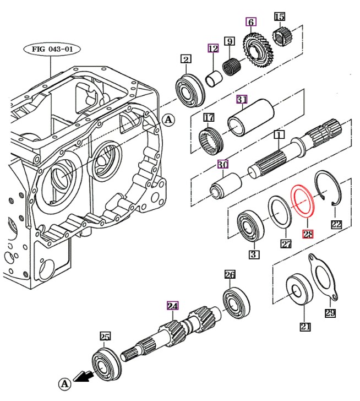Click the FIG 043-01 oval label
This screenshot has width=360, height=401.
52,49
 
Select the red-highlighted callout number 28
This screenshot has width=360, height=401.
308,234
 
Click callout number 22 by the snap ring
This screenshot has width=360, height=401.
336,224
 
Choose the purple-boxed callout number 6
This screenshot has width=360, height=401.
251,22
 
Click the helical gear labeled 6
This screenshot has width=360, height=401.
258,50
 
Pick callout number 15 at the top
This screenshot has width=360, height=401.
280,17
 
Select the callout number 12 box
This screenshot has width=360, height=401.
213,48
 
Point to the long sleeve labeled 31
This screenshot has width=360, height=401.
251,118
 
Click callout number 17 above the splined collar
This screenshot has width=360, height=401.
209,118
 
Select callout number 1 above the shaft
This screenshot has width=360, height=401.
279,134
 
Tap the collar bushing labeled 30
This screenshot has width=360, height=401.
226,186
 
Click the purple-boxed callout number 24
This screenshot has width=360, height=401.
172,306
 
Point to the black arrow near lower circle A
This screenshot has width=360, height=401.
83,376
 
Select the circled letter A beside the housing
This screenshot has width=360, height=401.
168,120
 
